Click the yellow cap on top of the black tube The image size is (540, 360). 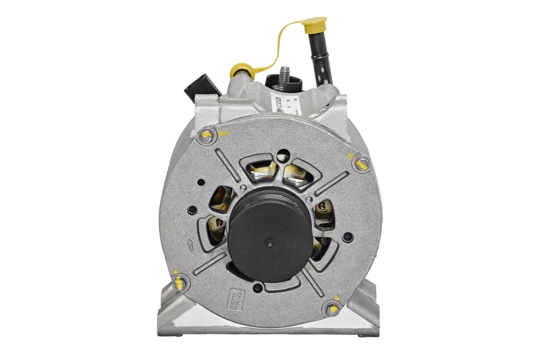pos(315,26)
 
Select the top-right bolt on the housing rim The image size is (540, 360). pos(362,162)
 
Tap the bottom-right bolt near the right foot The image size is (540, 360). pos(331,309)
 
